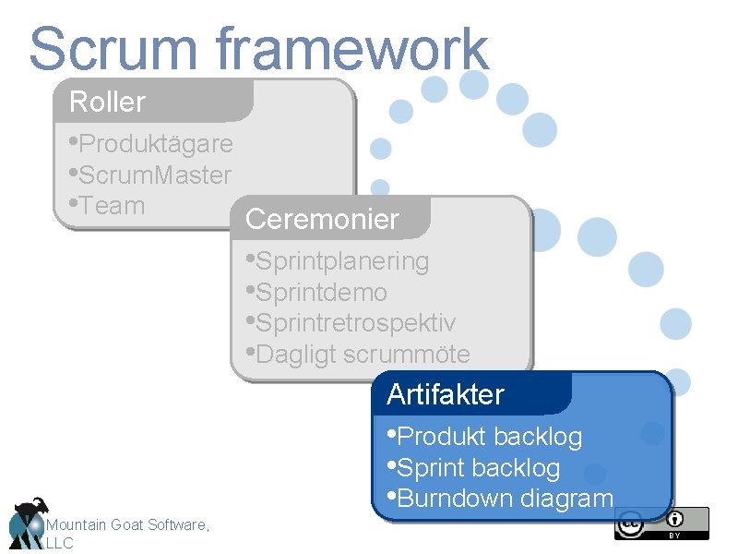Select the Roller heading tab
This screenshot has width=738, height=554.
108,102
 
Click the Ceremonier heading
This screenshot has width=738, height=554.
322,220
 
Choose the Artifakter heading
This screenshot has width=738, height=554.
446,394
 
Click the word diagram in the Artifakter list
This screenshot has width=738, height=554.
566,499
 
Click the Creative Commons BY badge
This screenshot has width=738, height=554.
661,523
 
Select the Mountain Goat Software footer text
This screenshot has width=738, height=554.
127,524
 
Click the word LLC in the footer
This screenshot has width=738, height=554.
59,543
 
